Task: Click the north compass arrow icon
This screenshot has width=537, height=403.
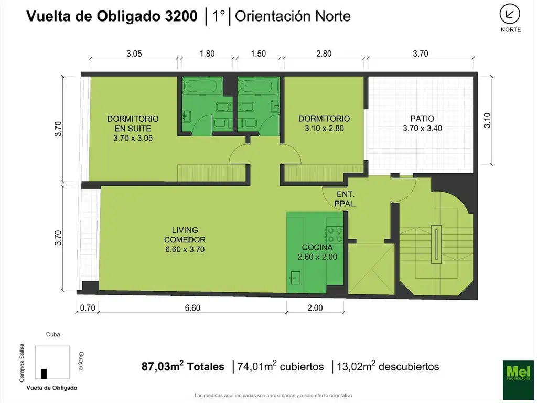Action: click(510, 13)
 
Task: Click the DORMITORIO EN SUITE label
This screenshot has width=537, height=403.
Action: click(133, 128)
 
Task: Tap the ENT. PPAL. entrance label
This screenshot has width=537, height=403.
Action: click(346, 199)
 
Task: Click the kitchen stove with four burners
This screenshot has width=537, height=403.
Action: click(334, 235)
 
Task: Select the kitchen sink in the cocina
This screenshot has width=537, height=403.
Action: click(295, 277)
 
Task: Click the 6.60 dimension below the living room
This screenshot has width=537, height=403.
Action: click(192, 308)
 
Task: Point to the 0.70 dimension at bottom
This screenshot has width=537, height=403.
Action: click(87, 308)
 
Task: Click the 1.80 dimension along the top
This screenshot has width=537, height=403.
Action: click(208, 54)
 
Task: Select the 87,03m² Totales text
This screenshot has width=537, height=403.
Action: click(183, 367)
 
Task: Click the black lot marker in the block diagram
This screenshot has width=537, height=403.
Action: click(44, 373)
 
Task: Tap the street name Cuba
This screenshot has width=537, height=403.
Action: click(53, 334)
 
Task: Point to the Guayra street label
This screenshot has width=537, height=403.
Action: click(81, 361)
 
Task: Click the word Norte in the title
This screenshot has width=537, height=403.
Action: click(332, 16)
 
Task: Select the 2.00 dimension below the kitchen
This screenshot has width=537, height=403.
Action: click(315, 308)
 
